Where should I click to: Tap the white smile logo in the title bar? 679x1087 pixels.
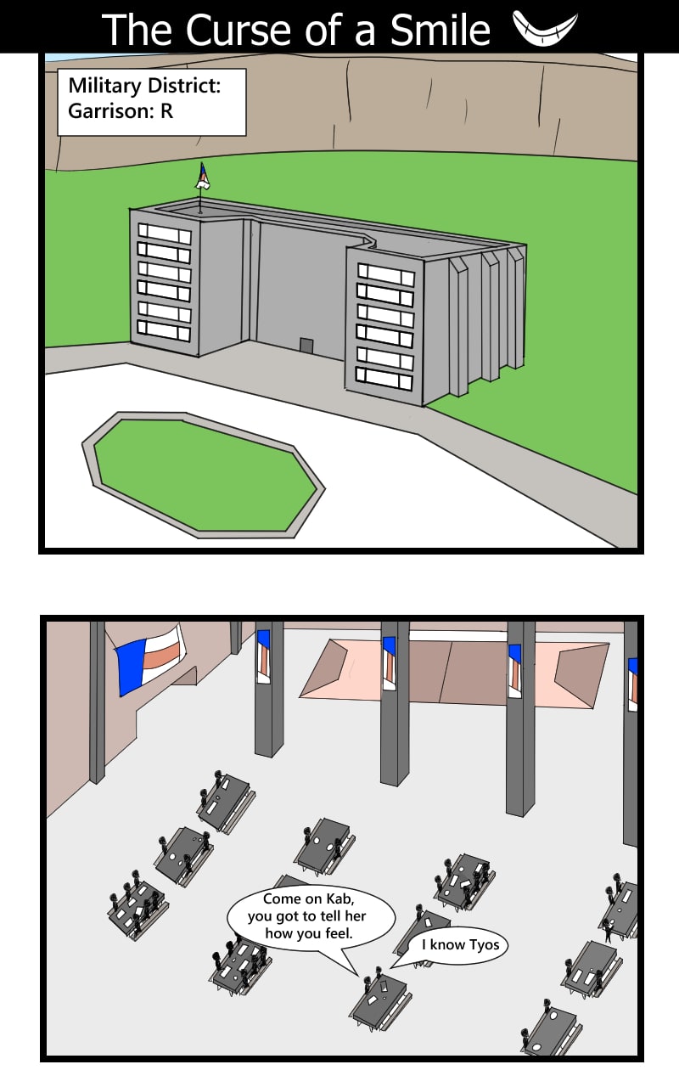545,30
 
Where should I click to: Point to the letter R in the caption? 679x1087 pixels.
166,111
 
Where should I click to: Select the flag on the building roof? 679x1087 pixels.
203,177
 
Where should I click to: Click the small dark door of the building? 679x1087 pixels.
306,346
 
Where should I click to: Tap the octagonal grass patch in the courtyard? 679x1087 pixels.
204,475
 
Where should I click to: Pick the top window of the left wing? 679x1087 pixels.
165,233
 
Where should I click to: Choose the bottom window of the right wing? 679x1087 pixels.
384,379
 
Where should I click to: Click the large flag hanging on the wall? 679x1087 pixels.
150,660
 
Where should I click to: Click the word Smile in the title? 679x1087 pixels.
440,30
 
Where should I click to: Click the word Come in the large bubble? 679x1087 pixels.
280,898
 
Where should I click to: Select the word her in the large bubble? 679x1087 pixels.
356,915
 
